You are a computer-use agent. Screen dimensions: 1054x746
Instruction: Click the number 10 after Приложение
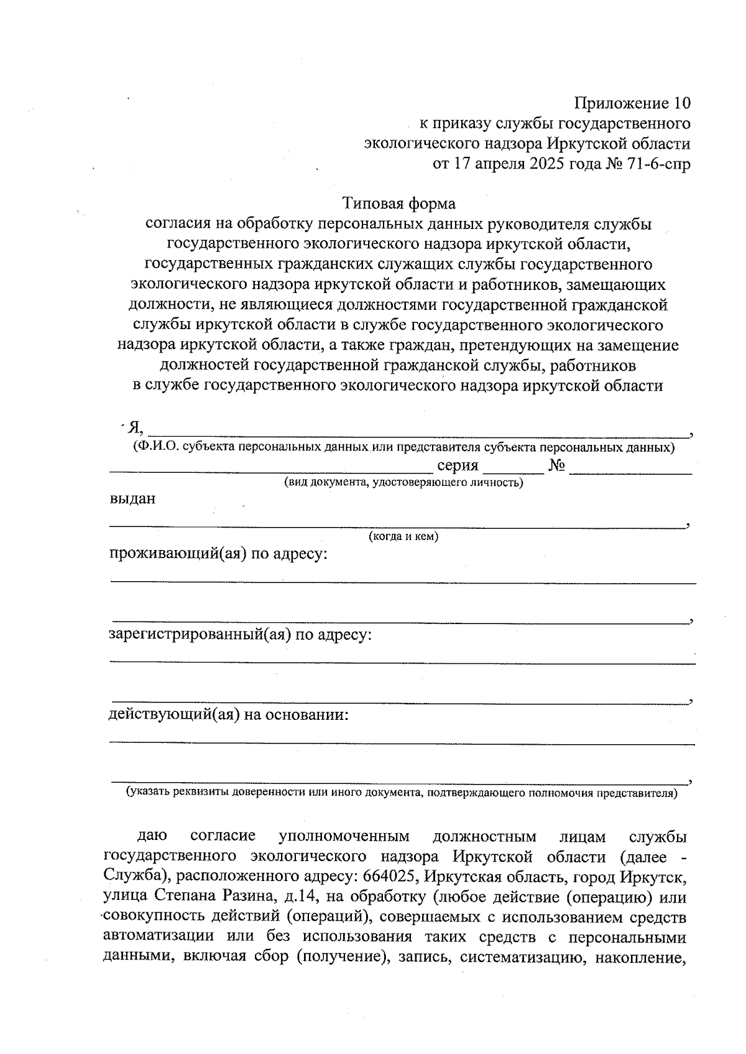(679, 103)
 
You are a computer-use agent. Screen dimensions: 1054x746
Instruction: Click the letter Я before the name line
(134, 427)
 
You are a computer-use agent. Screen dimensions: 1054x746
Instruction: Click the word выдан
(132, 498)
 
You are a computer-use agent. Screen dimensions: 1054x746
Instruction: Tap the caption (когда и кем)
(403, 537)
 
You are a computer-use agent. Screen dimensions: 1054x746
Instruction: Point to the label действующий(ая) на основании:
(228, 714)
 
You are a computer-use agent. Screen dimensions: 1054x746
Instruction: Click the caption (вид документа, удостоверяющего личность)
(403, 483)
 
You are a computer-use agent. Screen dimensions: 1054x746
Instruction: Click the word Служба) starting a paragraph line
(137, 877)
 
